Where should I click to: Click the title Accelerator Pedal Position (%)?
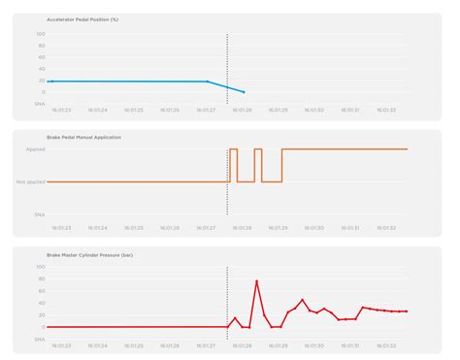click(76, 19)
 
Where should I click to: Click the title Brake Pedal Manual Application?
click(77, 138)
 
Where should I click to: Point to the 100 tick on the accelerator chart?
click(41, 34)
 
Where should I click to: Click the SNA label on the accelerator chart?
click(40, 104)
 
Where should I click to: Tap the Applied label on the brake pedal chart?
click(36, 149)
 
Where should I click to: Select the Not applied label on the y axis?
click(32, 181)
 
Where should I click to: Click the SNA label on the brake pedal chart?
click(40, 213)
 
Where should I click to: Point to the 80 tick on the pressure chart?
click(41, 278)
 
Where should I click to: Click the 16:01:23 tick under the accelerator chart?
click(60, 111)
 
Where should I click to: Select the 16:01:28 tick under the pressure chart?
click(242, 344)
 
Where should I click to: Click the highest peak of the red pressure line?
click(257, 281)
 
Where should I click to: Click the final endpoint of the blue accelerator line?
click(244, 92)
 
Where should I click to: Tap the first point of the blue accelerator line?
click(49, 82)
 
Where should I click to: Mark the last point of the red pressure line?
click(406, 311)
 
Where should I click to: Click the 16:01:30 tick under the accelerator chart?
click(314, 111)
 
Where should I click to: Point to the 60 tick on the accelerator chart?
click(41, 57)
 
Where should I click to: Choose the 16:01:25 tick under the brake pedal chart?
click(133, 227)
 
